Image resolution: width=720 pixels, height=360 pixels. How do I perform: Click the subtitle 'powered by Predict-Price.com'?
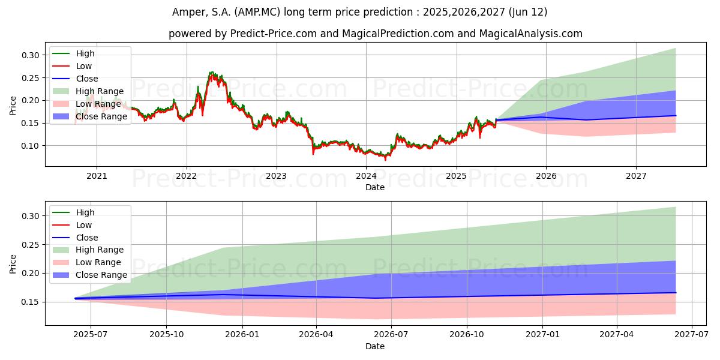[375, 34]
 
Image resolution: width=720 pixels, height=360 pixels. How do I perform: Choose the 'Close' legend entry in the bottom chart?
[87, 238]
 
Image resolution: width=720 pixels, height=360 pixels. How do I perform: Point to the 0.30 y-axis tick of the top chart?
[31, 55]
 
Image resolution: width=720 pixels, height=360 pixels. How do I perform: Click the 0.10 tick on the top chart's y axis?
[31, 146]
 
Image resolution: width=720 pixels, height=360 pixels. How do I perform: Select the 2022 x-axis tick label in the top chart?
[186, 176]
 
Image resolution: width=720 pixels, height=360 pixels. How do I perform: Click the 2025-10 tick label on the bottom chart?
[166, 335]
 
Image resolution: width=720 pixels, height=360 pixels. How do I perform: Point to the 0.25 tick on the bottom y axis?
[31, 245]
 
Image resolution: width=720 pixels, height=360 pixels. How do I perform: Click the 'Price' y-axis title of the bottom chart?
[13, 263]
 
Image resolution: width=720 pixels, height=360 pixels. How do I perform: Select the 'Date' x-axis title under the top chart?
[375, 187]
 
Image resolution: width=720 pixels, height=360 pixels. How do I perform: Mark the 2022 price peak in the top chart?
[211, 73]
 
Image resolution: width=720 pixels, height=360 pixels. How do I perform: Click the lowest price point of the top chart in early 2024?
[385, 159]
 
